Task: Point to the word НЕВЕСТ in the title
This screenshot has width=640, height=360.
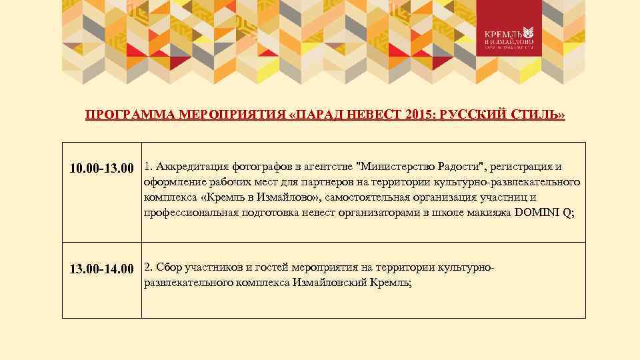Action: click(365, 115)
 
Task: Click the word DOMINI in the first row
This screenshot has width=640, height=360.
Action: click(537, 213)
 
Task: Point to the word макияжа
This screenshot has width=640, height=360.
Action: click(489, 213)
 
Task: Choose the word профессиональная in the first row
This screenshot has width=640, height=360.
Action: click(190, 213)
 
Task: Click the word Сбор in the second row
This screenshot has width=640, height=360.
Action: click(167, 267)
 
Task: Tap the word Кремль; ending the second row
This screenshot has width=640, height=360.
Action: click(387, 283)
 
